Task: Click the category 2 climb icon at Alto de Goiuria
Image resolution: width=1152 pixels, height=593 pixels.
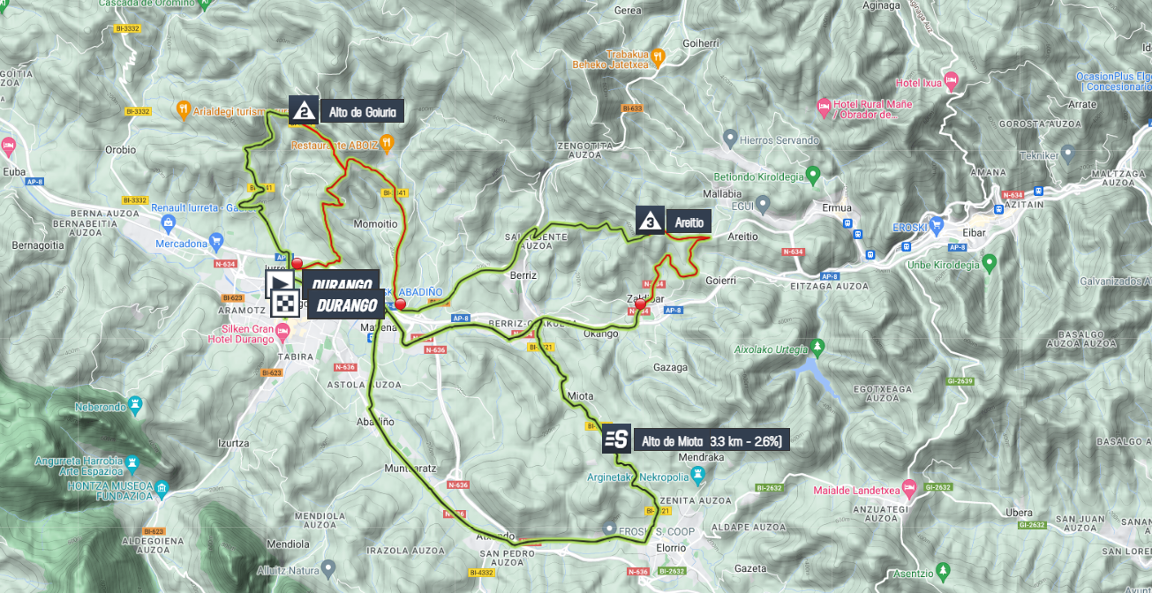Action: (x=304, y=110)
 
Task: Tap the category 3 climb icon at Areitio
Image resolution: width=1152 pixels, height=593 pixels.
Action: (x=650, y=221)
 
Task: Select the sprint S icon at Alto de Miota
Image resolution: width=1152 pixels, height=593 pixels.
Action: (x=616, y=439)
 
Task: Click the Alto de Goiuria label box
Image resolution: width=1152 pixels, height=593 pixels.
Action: (x=361, y=111)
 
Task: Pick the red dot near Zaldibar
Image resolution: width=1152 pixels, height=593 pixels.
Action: (x=640, y=304)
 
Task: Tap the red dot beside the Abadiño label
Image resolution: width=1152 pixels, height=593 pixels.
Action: (x=400, y=304)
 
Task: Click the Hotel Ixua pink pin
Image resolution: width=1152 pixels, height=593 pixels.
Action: (x=951, y=82)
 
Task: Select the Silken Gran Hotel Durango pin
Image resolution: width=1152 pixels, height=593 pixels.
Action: (x=282, y=332)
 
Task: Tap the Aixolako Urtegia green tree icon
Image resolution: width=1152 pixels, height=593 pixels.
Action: (x=817, y=345)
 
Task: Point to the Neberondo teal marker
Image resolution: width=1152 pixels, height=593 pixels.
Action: (x=135, y=405)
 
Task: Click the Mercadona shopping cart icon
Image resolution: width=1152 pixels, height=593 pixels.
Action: (x=216, y=242)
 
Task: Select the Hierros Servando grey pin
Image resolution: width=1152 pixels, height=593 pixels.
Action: (x=729, y=139)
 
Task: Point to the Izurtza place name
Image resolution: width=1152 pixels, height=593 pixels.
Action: (x=232, y=444)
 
